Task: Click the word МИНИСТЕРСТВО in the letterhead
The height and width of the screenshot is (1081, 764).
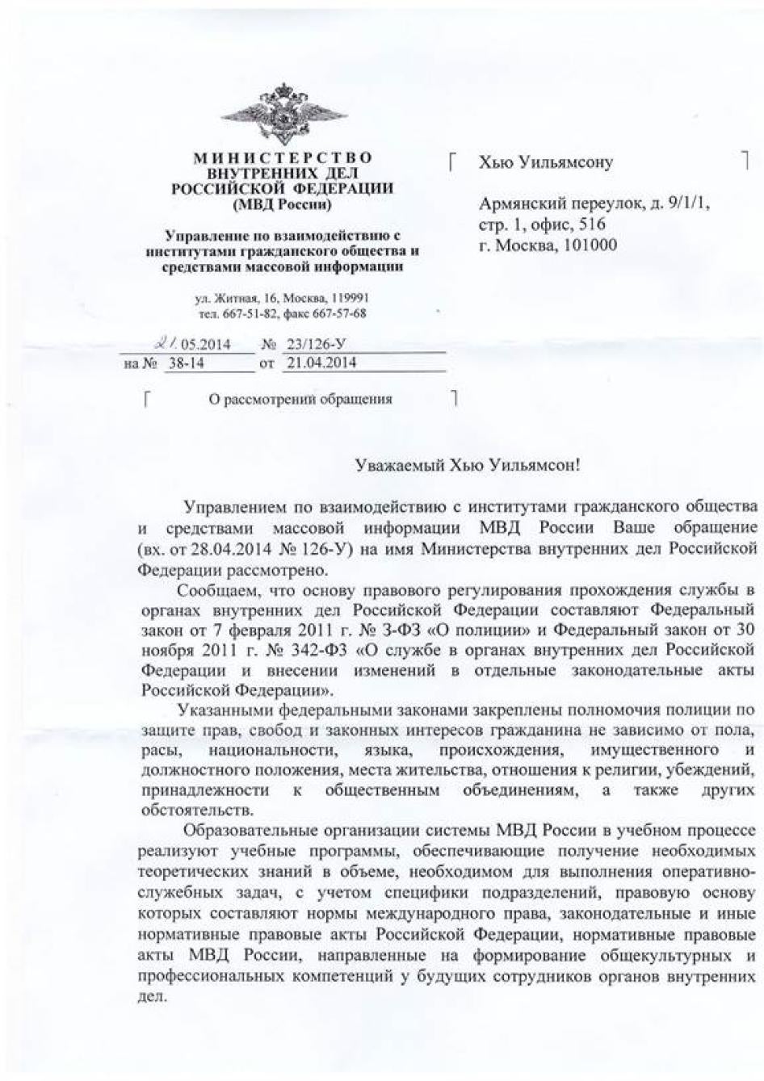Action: (x=282, y=157)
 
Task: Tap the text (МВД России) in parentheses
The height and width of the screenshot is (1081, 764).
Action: (x=282, y=204)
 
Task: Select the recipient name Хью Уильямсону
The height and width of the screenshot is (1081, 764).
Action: (x=546, y=162)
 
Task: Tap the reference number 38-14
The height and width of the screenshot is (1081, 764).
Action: (x=185, y=363)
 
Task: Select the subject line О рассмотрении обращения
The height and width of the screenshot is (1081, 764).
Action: (x=300, y=399)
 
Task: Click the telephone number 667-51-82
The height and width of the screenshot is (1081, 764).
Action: (x=248, y=313)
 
